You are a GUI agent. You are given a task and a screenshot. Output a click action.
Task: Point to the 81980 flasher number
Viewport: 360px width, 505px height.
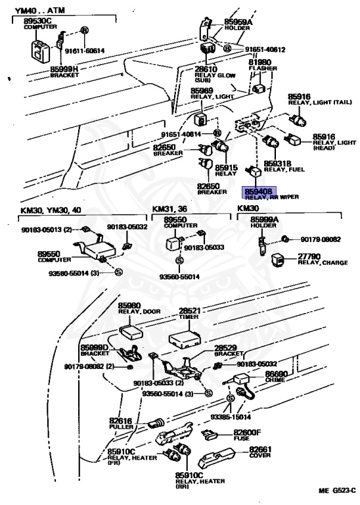point(259,62)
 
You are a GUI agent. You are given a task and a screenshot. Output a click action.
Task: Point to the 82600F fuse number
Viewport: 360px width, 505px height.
point(247,432)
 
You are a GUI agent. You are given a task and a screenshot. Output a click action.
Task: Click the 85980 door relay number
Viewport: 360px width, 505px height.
point(129,306)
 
